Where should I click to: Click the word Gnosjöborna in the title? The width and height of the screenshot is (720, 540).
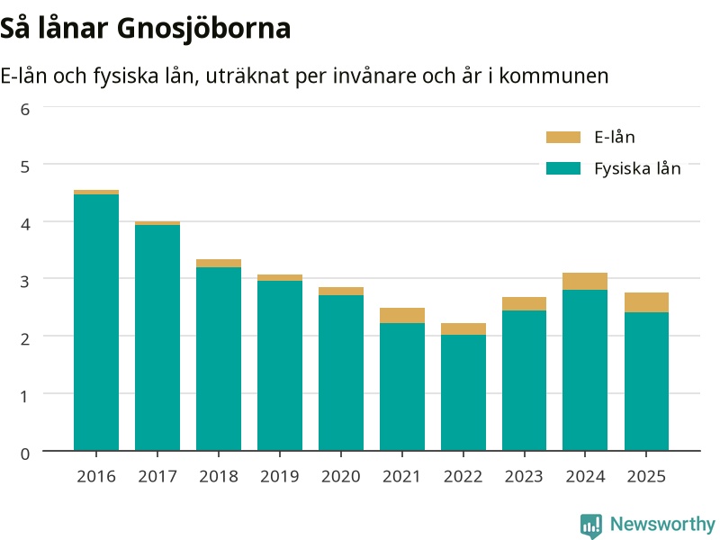click(x=203, y=29)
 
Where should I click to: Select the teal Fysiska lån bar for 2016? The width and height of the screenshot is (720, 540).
click(x=96, y=322)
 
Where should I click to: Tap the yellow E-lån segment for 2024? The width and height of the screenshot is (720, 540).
click(x=585, y=282)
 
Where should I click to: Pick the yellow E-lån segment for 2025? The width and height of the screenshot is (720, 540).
click(x=646, y=302)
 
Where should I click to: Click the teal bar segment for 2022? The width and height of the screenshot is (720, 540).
click(x=463, y=392)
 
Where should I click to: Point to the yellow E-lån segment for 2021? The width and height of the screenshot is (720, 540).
click(x=402, y=316)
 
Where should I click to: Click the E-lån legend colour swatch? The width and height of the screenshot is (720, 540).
click(x=563, y=137)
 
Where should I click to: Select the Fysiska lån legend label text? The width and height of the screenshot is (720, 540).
click(x=637, y=168)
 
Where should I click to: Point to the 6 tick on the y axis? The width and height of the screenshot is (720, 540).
click(x=25, y=109)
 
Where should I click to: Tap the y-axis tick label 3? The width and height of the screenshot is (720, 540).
click(x=25, y=281)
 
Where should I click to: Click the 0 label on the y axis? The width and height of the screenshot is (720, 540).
click(x=25, y=454)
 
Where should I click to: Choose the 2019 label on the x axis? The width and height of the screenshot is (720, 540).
click(x=280, y=476)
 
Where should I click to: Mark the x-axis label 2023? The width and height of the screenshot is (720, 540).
click(x=524, y=476)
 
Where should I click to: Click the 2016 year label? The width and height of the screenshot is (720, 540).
click(x=96, y=476)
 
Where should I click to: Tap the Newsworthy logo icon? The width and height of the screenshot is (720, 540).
click(x=591, y=526)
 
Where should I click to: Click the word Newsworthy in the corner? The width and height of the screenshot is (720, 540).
click(x=662, y=524)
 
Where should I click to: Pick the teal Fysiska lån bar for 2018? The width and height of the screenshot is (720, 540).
click(x=219, y=359)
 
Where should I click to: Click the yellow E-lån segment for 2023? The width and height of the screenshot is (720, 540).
click(x=525, y=304)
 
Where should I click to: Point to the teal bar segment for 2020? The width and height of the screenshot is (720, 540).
click(x=341, y=373)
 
